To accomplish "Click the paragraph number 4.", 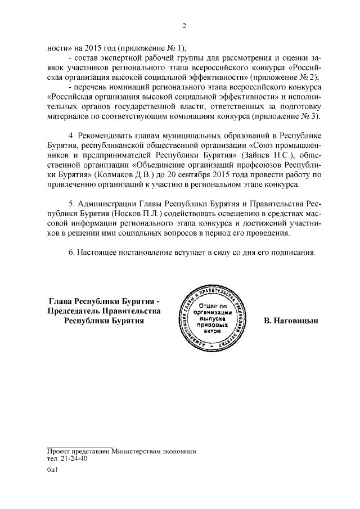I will [70, 136].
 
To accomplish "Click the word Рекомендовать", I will [106, 136].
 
